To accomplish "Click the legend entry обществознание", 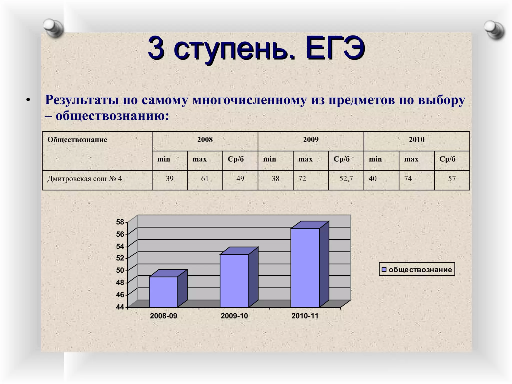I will coord(417,269).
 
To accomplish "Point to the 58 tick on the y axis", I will coord(120,222).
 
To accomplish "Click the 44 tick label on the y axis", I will coord(120,307).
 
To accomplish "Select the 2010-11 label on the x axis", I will coord(305,316).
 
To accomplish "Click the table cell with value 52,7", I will coord(346,178).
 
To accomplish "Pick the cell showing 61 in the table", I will coord(205,178).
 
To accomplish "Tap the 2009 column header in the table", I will coord(311,139).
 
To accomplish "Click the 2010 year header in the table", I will coord(416,139).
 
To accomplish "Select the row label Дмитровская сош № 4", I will coord(85,179).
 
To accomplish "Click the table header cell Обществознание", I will coord(77,139).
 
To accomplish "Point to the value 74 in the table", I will coord(408,178).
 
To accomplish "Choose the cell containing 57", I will coord(452,178).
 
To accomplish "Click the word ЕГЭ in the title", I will coord(335,48).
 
